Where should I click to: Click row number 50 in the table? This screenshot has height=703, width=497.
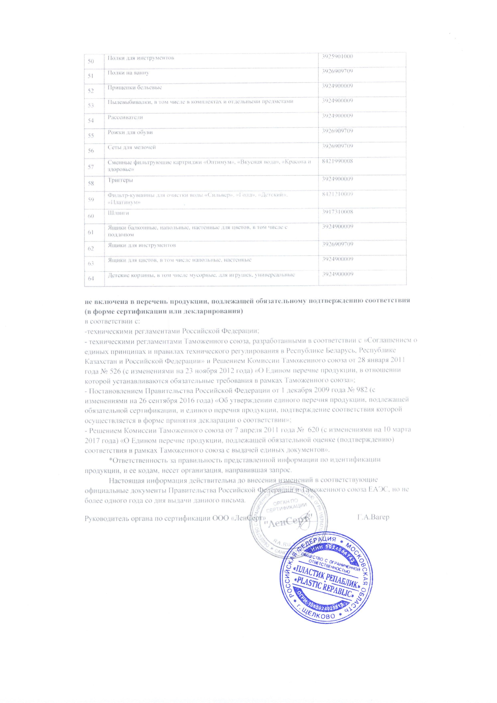(91, 62)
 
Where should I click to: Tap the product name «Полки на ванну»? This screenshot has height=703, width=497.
(128, 73)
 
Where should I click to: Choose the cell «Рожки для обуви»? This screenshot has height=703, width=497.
(130, 132)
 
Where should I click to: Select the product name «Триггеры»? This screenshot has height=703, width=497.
(120, 180)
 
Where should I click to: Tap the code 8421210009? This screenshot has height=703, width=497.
(337, 194)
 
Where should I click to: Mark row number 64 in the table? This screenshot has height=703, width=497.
(91, 278)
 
